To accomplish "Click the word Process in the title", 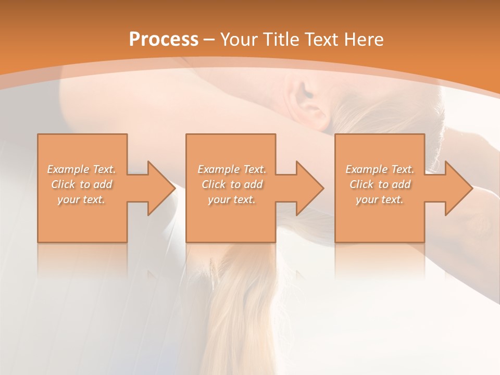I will (x=164, y=40).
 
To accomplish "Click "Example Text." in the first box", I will (x=81, y=169).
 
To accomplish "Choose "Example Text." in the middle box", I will (x=232, y=169).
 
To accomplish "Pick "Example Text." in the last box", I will (x=380, y=169).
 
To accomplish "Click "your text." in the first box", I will (x=81, y=199).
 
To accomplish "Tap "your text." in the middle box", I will (x=232, y=199).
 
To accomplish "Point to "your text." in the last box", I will (x=380, y=199).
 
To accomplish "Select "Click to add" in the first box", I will (x=82, y=184).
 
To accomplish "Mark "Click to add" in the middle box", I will (x=232, y=184).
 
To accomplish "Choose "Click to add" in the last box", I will (x=380, y=184).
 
